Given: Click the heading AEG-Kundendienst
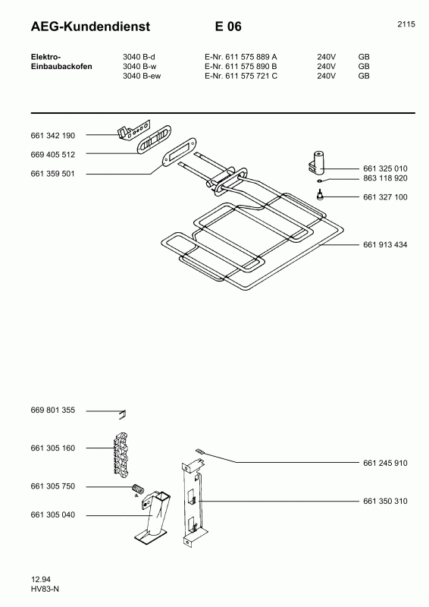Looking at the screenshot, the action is (x=90, y=27).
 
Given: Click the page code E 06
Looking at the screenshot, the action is (x=228, y=27).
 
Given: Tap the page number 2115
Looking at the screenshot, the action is (x=406, y=24).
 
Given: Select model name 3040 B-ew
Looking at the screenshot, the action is (x=142, y=76).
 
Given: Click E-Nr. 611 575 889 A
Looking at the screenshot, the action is (x=240, y=57).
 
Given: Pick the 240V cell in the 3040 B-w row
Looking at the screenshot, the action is (x=326, y=66).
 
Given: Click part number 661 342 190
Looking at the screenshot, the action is (x=52, y=136).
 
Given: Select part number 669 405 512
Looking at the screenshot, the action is (x=52, y=155).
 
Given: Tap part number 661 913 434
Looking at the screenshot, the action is (x=385, y=244).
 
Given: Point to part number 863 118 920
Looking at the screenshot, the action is (x=385, y=178).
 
